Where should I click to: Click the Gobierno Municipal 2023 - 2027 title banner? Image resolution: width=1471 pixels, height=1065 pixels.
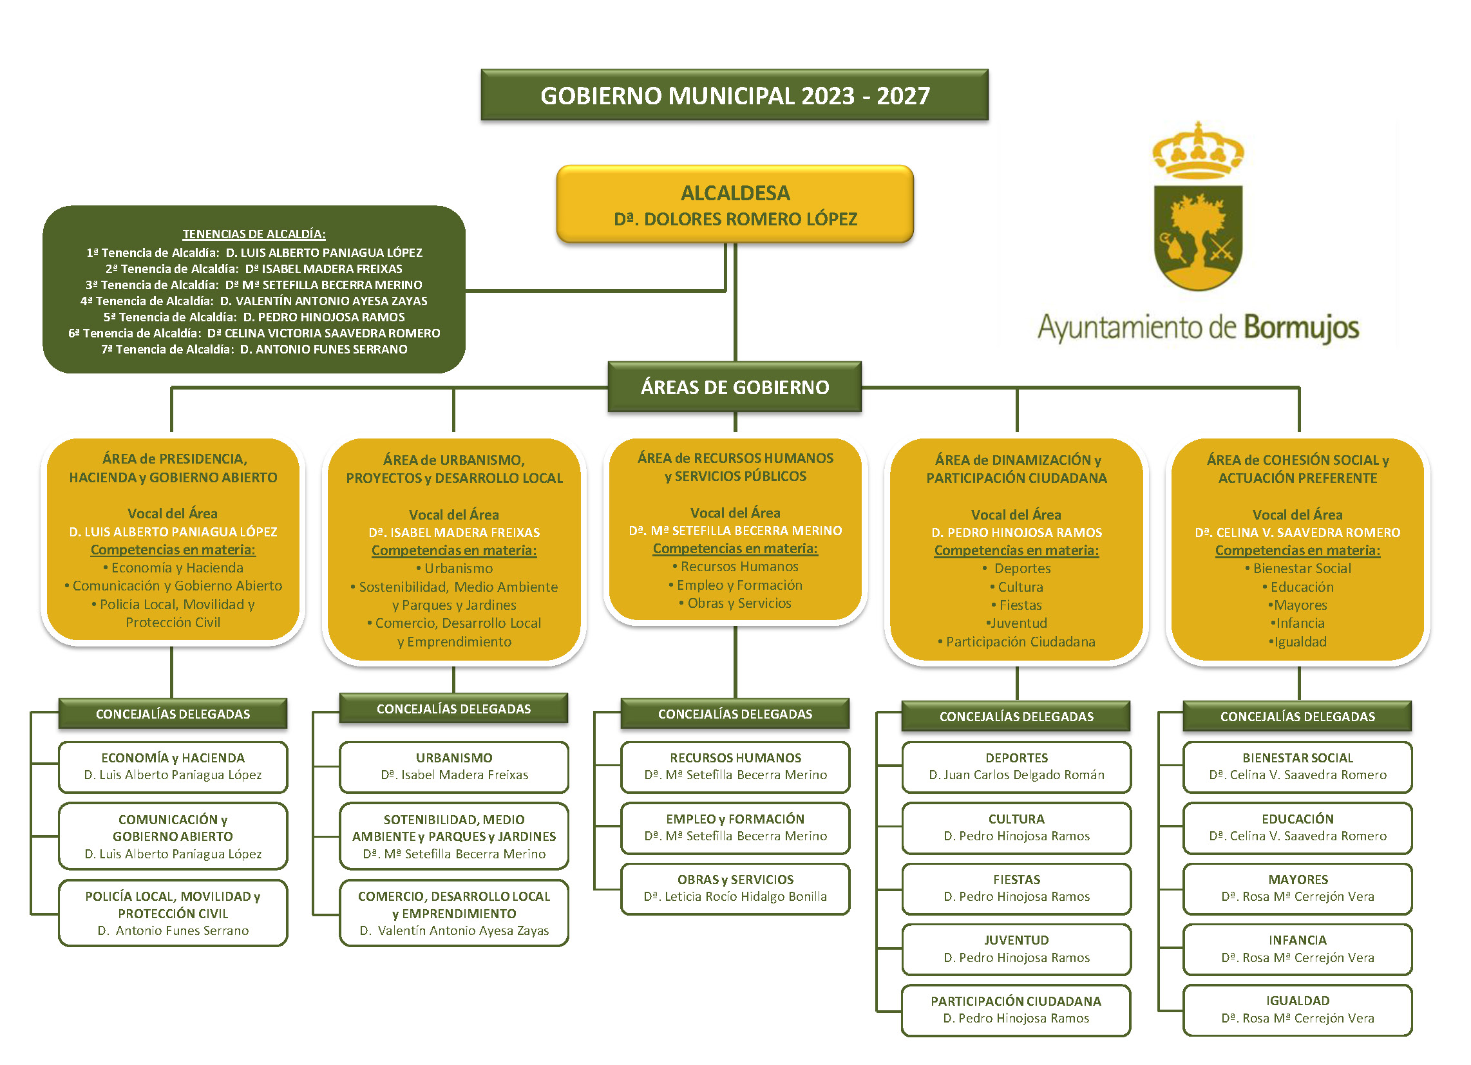point(734,95)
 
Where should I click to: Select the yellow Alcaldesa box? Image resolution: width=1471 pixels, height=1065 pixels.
point(735,204)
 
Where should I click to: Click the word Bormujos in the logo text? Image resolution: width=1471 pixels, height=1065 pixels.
point(1301,328)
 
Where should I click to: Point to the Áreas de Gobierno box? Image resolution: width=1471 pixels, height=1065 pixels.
point(734,387)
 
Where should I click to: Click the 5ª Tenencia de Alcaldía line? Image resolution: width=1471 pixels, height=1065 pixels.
point(254,317)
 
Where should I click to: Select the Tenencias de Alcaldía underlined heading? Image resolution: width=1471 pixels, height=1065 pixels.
point(254,234)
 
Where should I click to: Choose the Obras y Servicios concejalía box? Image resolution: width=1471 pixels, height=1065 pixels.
point(735,889)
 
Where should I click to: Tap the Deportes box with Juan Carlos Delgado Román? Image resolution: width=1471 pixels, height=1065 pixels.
point(1016,767)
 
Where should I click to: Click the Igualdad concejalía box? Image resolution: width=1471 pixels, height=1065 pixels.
point(1297,1010)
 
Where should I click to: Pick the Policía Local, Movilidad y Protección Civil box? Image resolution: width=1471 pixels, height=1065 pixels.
point(173,913)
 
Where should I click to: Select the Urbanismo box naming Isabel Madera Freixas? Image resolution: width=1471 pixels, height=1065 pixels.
point(454,767)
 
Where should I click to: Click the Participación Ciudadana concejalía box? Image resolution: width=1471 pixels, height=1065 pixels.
point(1016,1010)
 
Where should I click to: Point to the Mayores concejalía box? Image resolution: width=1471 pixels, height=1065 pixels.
point(1297,889)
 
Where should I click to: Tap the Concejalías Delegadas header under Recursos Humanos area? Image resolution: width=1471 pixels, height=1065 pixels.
point(735,714)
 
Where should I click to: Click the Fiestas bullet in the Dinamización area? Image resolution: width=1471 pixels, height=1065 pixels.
point(1020,605)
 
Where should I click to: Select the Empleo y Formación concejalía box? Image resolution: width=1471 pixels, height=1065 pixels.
point(735,827)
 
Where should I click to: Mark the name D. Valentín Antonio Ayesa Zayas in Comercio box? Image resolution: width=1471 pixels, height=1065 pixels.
point(454,930)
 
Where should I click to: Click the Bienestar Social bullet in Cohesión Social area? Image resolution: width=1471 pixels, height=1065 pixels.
point(1301,568)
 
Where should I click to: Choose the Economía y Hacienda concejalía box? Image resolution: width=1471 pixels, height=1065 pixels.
point(173,767)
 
